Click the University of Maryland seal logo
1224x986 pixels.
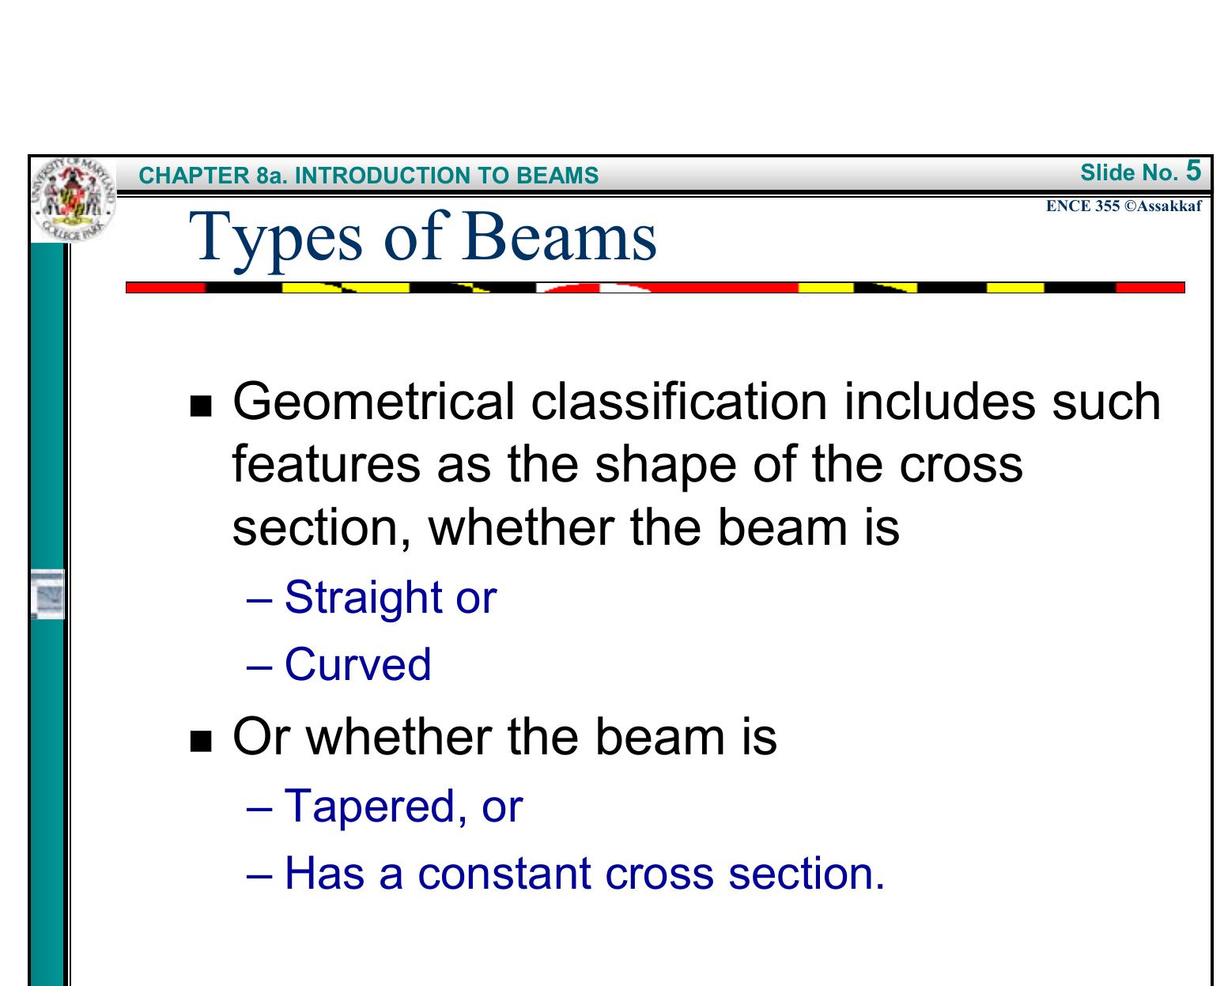point(74,199)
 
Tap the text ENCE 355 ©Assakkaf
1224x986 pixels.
point(1123,206)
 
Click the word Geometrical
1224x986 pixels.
point(375,402)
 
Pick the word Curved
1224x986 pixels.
point(357,664)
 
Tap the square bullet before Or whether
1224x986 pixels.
point(202,742)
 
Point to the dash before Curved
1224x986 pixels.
point(259,665)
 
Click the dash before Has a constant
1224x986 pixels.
point(259,875)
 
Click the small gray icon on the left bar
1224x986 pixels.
point(49,593)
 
